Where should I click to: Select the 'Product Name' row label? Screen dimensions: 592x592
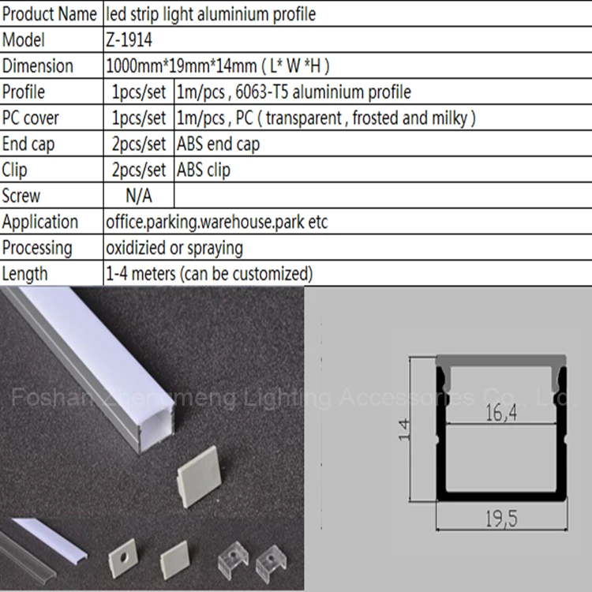pyautogui.click(x=51, y=14)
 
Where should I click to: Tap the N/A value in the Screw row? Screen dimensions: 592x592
pyautogui.click(x=138, y=196)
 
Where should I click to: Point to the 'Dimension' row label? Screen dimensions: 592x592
pyautogui.click(x=38, y=66)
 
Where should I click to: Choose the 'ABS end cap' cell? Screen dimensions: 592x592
pyautogui.click(x=219, y=144)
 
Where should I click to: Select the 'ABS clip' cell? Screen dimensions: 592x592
pyautogui.click(x=204, y=170)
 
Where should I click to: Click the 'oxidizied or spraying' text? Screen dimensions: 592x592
pyautogui.click(x=174, y=248)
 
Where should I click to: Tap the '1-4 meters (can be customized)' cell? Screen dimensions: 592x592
pyautogui.click(x=209, y=274)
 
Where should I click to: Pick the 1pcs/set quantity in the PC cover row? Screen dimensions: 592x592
pyautogui.click(x=139, y=118)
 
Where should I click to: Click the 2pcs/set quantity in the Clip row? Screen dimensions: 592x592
pyautogui.click(x=139, y=170)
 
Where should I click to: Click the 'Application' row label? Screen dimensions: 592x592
pyautogui.click(x=40, y=222)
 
